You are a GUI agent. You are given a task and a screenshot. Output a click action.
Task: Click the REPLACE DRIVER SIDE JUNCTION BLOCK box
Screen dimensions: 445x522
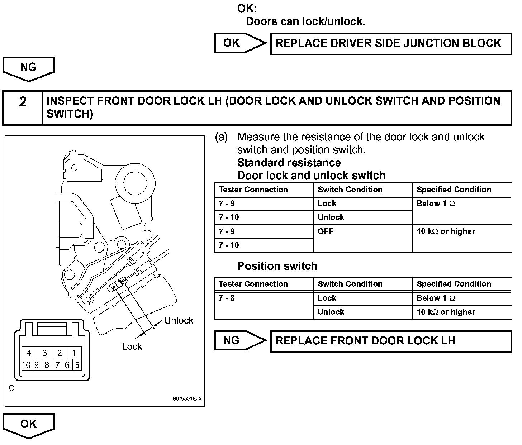391,44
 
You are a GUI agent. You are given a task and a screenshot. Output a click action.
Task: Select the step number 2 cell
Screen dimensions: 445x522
23,107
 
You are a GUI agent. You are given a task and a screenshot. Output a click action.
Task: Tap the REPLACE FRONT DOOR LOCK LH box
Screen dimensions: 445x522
391,341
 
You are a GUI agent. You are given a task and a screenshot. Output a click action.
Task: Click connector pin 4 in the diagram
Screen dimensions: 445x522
29,353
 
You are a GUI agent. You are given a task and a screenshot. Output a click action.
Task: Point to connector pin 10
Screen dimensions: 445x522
26,365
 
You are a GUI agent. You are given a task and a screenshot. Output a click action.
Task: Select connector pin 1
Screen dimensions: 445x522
74,353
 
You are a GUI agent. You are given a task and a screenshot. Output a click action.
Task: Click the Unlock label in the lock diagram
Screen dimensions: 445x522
179,320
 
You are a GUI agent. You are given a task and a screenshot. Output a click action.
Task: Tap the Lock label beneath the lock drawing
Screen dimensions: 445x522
132,346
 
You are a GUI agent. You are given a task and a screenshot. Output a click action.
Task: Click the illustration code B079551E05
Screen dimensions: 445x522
187,398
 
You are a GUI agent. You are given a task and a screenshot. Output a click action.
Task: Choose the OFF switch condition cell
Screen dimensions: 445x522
363,238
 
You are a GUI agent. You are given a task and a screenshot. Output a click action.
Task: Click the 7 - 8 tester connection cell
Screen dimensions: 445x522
264,305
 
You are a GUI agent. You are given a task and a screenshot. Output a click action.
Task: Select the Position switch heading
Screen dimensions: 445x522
277,266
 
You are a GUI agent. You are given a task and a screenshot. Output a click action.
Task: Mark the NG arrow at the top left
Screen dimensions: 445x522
29,68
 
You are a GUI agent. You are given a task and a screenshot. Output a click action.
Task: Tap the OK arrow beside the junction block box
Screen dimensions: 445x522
239,43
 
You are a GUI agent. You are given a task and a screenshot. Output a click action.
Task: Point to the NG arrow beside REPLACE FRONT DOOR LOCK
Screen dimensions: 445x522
239,340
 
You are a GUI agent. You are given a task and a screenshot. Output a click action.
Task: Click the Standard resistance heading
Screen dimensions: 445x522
289,163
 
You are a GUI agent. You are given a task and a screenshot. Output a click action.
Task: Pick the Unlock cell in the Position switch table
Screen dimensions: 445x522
363,312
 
